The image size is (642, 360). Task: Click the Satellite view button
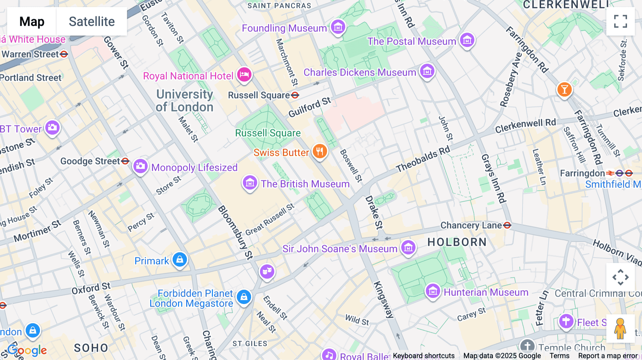click(92, 22)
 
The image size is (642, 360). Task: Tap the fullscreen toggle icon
click(620, 21)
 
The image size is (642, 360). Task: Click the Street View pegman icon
click(620, 328)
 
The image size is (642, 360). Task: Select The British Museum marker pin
click(250, 183)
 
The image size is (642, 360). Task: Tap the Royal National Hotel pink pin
click(244, 75)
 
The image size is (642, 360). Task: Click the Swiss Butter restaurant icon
click(320, 151)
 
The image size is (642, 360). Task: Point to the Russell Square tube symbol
click(295, 95)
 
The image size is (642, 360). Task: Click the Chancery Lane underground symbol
click(507, 225)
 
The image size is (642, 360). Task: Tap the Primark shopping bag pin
click(180, 260)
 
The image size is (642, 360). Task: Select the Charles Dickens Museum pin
click(427, 71)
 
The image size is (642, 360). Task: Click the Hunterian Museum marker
click(433, 292)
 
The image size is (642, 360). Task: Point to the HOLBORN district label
click(457, 242)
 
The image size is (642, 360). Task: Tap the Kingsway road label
click(383, 299)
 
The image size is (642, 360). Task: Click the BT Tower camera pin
click(52, 128)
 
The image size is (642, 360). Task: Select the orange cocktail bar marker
click(564, 89)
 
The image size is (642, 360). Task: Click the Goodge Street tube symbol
click(125, 161)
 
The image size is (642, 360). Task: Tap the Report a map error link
click(608, 356)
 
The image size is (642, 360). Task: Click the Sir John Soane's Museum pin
click(408, 247)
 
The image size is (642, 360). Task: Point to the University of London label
click(184, 101)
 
